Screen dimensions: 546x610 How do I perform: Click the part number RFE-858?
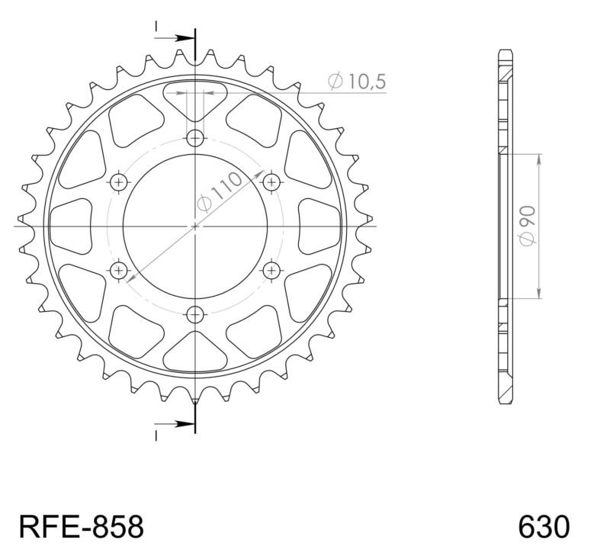80,527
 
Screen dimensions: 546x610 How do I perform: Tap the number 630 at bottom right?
543,527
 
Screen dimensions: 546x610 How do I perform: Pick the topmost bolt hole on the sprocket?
197,138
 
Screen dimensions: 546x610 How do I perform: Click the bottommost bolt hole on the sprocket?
197,313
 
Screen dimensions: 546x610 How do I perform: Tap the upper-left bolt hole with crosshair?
120,182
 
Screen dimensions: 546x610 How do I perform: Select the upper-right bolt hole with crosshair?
272,182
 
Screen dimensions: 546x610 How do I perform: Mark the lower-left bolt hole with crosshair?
120,270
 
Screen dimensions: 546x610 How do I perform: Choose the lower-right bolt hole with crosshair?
272,270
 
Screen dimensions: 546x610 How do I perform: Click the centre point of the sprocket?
196,226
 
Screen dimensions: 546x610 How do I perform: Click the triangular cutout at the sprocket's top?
197,103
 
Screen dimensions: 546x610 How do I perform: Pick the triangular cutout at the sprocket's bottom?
197,351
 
